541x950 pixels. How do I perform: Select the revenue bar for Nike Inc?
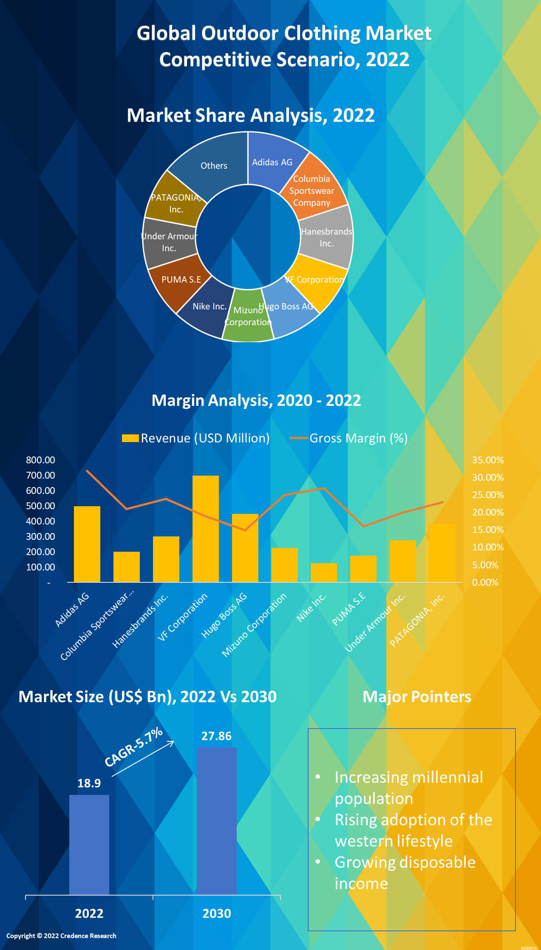coord(324,573)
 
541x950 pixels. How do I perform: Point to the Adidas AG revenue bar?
coord(87,544)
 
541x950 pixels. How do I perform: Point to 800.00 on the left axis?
coord(40,460)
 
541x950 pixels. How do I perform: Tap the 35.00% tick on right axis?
coord(487,460)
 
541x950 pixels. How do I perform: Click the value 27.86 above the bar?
coord(216,736)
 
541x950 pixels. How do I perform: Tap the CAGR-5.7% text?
coord(133,747)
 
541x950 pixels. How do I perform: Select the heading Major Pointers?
coord(416,697)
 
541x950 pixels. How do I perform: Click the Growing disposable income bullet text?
coord(405,872)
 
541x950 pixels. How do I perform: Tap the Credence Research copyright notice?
coord(61,936)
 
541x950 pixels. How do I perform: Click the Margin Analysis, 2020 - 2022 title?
coord(256,400)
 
